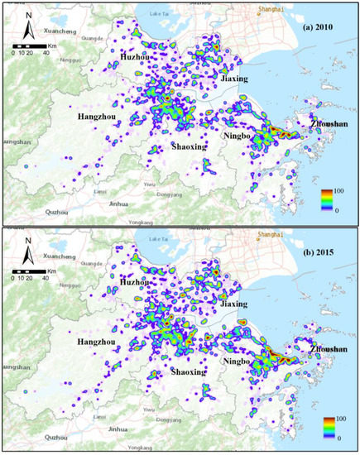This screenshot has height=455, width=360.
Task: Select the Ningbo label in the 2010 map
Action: coord(238,135)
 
